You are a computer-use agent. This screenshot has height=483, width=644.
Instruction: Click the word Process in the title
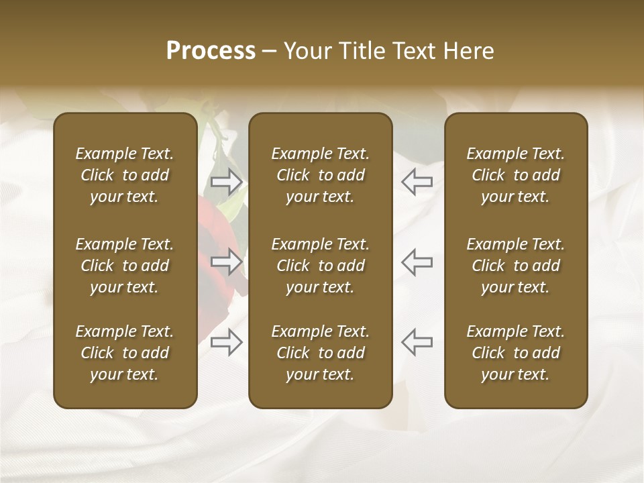pyautogui.click(x=211, y=51)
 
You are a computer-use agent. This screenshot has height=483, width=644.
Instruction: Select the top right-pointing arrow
pyautogui.click(x=227, y=181)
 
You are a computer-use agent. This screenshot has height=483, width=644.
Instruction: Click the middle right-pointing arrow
pyautogui.click(x=227, y=261)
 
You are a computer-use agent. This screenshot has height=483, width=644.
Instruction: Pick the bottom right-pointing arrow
pyautogui.click(x=227, y=342)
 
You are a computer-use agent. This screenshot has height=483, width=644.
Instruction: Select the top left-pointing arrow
pyautogui.click(x=417, y=181)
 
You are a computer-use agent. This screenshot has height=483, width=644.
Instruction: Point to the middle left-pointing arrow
pyautogui.click(x=417, y=261)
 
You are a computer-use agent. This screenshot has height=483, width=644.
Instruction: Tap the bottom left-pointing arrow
pyautogui.click(x=417, y=342)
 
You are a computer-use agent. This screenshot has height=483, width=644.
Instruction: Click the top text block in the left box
pyautogui.click(x=125, y=175)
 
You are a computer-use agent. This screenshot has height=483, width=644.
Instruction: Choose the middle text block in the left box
pyautogui.click(x=125, y=266)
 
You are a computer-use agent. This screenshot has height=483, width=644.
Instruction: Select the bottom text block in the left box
pyautogui.click(x=125, y=353)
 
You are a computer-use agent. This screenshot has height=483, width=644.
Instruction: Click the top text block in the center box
pyautogui.click(x=320, y=175)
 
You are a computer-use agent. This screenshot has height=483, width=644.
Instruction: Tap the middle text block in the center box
pyautogui.click(x=320, y=266)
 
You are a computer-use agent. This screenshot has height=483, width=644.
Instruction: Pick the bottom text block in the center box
pyautogui.click(x=320, y=353)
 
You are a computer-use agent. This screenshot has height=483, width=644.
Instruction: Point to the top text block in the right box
pyautogui.click(x=515, y=175)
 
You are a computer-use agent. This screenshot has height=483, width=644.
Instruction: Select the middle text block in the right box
pyautogui.click(x=515, y=266)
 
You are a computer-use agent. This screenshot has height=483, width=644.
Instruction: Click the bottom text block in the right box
pyautogui.click(x=515, y=353)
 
